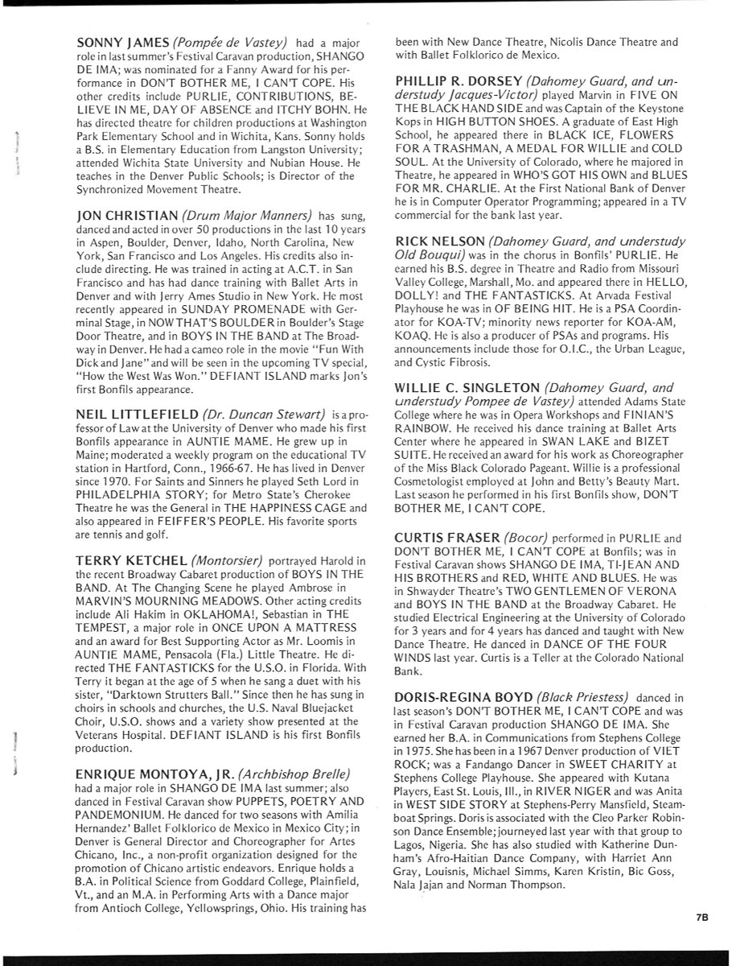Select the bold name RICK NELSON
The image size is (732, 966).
pyautogui.click(x=440, y=242)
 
